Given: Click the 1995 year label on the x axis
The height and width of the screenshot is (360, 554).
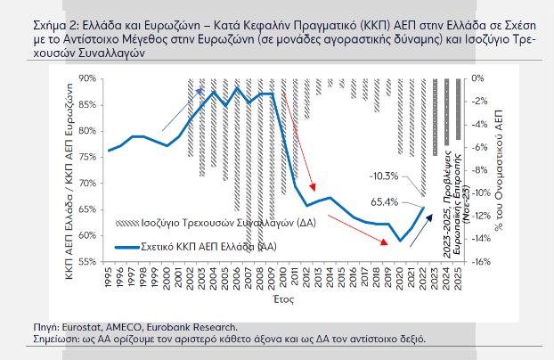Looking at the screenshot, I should [x=109, y=279].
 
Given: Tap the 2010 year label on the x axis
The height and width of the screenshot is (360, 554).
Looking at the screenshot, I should [x=283, y=279].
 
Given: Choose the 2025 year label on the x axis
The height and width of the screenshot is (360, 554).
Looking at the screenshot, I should [x=458, y=279].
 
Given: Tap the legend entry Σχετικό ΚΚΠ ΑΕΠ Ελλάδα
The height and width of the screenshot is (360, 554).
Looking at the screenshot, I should [x=197, y=245].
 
